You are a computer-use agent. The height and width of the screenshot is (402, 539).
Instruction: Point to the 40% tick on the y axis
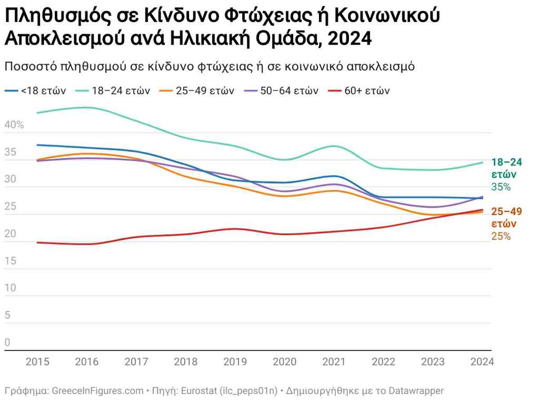pyautogui.click(x=14, y=125)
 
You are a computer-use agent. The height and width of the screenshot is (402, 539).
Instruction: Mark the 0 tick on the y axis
pyautogui.click(x=7, y=343)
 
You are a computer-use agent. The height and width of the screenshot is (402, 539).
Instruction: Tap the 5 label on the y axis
pyautogui.click(x=7, y=315)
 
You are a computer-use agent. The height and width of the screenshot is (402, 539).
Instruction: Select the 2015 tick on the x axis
pyautogui.click(x=37, y=362)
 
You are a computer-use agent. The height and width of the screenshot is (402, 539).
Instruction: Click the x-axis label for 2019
pyautogui.click(x=235, y=362)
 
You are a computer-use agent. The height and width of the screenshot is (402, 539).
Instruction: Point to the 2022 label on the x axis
pyautogui.click(x=383, y=362)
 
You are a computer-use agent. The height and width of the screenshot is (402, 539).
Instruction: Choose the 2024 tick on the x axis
pyautogui.click(x=482, y=362)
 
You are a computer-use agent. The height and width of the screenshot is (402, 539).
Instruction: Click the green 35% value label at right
pyautogui.click(x=501, y=187)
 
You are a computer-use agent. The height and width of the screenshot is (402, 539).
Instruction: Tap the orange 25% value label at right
pyautogui.click(x=501, y=236)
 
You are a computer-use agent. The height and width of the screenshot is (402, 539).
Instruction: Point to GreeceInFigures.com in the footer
pyautogui.click(x=97, y=391)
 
